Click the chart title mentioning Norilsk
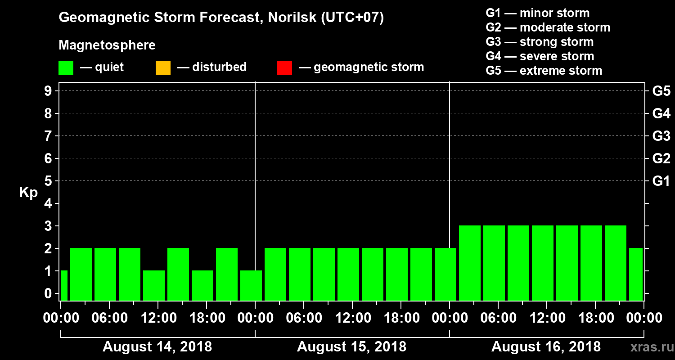(221, 18)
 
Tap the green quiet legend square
(66, 68)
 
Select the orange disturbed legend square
(163, 68)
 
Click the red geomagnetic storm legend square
(284, 68)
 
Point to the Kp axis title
(28, 192)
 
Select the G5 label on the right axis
(661, 91)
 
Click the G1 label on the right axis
(661, 181)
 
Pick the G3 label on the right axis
(661, 136)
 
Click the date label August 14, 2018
(157, 347)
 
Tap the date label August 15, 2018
(352, 347)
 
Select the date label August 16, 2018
(546, 347)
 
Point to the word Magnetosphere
(107, 45)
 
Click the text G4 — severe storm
(540, 56)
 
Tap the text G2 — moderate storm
(548, 27)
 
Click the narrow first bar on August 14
(64, 285)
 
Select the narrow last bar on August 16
(635, 274)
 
